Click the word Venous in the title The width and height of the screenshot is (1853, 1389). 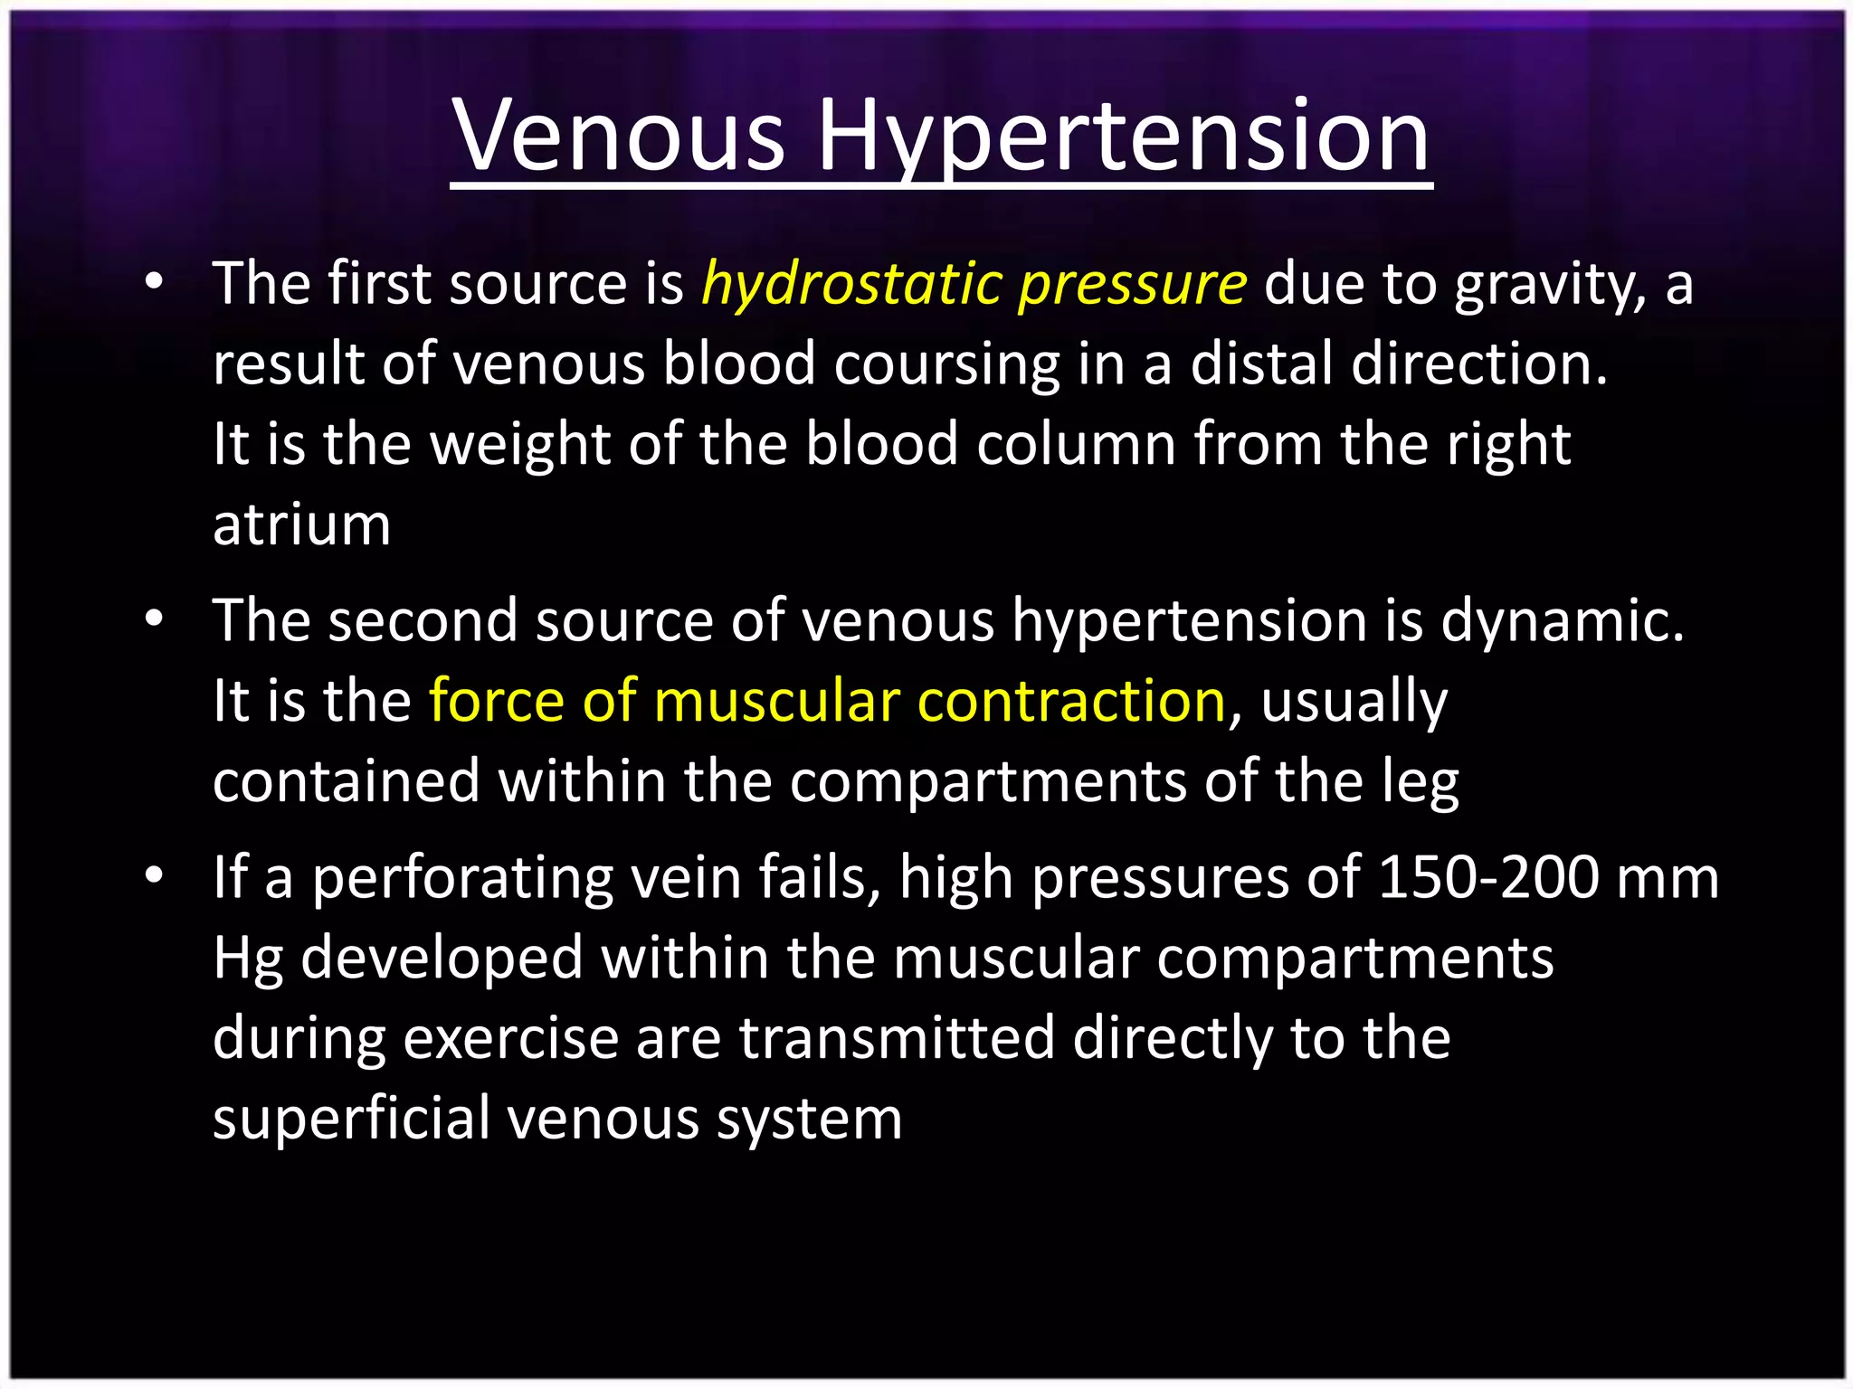pos(619,136)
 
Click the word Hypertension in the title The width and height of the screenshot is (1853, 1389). pos(1123,136)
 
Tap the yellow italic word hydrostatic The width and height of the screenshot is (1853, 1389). pos(851,284)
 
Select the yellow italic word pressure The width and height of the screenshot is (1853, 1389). pos(1133,284)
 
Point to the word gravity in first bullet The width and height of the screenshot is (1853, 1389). pos(1550,284)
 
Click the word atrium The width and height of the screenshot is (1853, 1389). pos(301,524)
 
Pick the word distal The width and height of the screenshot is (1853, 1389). pos(1261,364)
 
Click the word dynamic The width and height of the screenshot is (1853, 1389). pos(1563,621)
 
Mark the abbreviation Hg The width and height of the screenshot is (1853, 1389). pos(247,959)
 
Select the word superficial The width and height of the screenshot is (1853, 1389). pos(351,1118)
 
